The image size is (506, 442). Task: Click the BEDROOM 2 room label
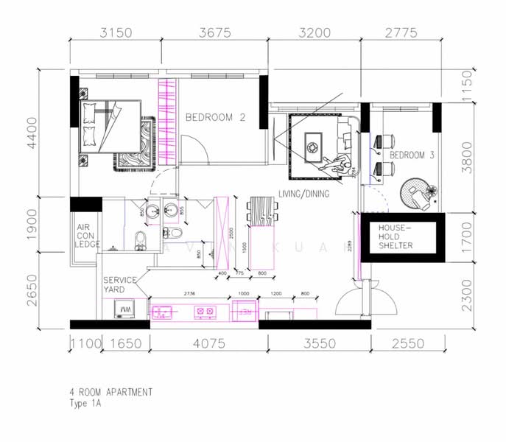(x=215, y=117)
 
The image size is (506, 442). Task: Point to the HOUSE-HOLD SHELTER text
(x=396, y=237)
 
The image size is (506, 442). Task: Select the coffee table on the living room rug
(x=312, y=144)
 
